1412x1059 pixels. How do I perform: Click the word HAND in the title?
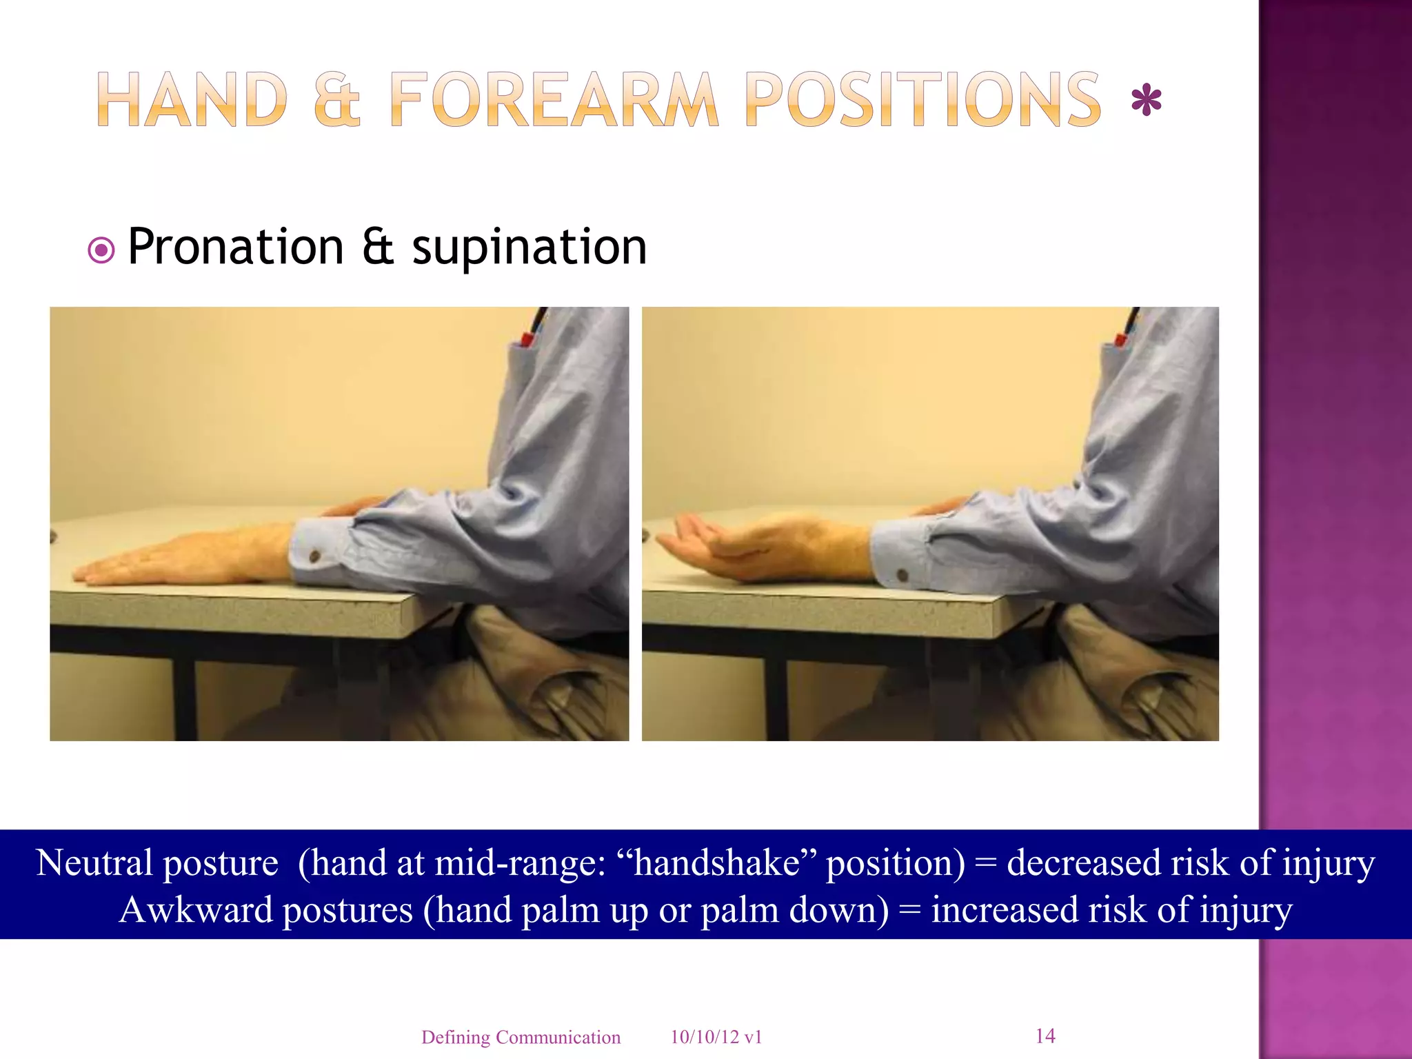pyautogui.click(x=192, y=100)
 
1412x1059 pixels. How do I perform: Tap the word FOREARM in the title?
pyautogui.click(x=554, y=100)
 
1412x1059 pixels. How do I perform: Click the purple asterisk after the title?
pyautogui.click(x=1147, y=102)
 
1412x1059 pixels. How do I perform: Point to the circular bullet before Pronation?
pyautogui.click(x=101, y=250)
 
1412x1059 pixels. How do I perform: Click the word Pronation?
pyautogui.click(x=236, y=247)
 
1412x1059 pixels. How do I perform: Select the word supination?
pyautogui.click(x=529, y=247)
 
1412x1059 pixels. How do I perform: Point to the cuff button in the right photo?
pyautogui.click(x=902, y=574)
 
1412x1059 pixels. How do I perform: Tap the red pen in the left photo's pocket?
pyautogui.click(x=527, y=339)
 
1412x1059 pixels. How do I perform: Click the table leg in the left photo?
pyautogui.click(x=183, y=700)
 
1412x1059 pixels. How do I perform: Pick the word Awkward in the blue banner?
pyautogui.click(x=196, y=910)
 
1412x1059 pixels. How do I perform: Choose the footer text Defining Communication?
pyautogui.click(x=521, y=1037)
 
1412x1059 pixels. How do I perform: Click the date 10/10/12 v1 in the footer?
pyautogui.click(x=716, y=1037)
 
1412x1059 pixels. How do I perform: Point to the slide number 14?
pyautogui.click(x=1045, y=1036)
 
